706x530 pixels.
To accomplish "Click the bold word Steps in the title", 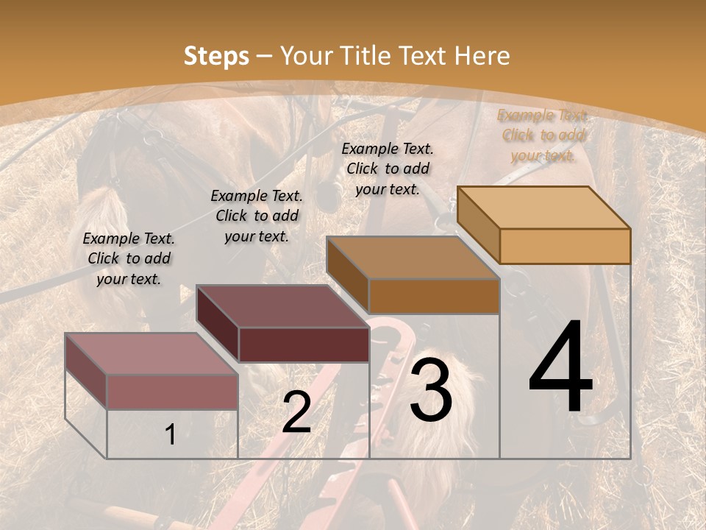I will click(216, 56).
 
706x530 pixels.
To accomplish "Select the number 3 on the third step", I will click(431, 389).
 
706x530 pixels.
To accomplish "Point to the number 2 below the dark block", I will click(296, 412).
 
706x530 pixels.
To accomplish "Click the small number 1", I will click(171, 435).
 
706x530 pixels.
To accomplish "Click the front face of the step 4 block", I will click(565, 246).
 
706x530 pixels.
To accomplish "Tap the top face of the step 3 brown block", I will click(413, 258).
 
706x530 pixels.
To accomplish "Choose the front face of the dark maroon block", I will click(303, 344).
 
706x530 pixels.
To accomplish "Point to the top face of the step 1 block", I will click(151, 353).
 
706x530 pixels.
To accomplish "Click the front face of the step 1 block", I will click(172, 392).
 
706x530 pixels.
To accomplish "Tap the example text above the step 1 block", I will click(129, 258).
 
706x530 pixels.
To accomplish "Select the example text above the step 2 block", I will click(257, 216).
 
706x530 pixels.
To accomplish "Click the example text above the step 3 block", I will click(388, 169).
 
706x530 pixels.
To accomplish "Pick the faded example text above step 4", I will click(543, 135).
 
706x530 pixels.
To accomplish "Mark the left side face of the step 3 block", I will click(347, 274).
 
